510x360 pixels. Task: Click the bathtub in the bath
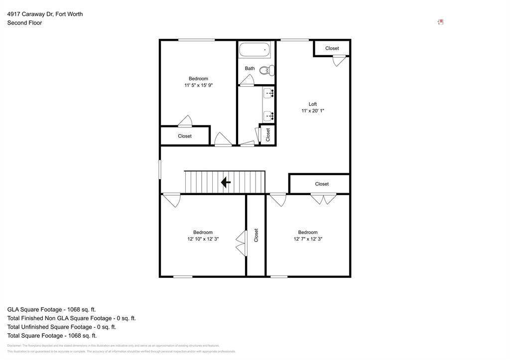(x=255, y=50)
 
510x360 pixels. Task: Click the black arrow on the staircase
(x=226, y=182)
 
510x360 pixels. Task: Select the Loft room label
(x=313, y=104)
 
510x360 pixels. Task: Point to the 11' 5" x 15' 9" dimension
(x=198, y=86)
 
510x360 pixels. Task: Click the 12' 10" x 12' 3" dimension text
(x=203, y=239)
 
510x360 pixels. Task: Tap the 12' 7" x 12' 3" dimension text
(x=308, y=239)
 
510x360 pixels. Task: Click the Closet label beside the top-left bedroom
(x=185, y=136)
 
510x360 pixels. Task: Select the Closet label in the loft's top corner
(x=332, y=48)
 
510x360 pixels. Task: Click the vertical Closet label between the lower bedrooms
(x=256, y=235)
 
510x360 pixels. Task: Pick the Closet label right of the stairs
(x=322, y=184)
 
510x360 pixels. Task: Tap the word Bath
(x=250, y=68)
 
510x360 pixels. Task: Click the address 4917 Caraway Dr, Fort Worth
(x=45, y=14)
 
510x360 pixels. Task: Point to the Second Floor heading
(x=24, y=23)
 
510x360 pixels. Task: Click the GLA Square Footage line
(x=51, y=309)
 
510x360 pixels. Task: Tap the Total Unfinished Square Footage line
(x=61, y=327)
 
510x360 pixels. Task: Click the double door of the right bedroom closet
(x=323, y=199)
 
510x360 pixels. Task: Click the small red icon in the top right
(x=441, y=22)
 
